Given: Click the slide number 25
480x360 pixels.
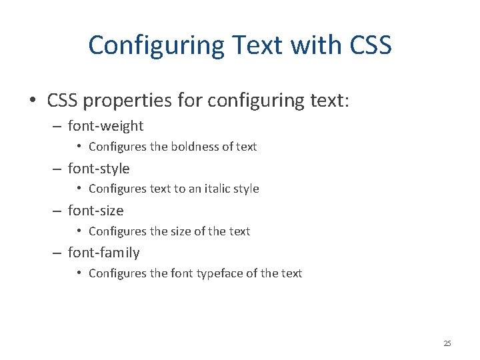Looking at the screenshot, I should click(447, 343).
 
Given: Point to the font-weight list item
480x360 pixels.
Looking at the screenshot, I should click(105, 126).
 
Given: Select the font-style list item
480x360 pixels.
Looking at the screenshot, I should click(99, 169).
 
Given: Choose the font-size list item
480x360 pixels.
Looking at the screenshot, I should click(95, 211).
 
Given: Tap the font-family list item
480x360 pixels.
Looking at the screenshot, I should click(103, 253).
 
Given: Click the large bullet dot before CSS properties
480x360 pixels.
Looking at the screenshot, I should click(32, 101).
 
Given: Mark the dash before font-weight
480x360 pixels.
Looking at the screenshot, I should click(57, 126).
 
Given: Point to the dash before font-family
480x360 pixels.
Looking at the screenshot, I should click(57, 253).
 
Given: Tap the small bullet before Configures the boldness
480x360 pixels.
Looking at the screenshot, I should click(79, 147).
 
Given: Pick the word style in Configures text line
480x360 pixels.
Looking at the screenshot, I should click(245, 189).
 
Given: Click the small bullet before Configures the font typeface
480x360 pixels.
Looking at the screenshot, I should click(79, 273).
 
